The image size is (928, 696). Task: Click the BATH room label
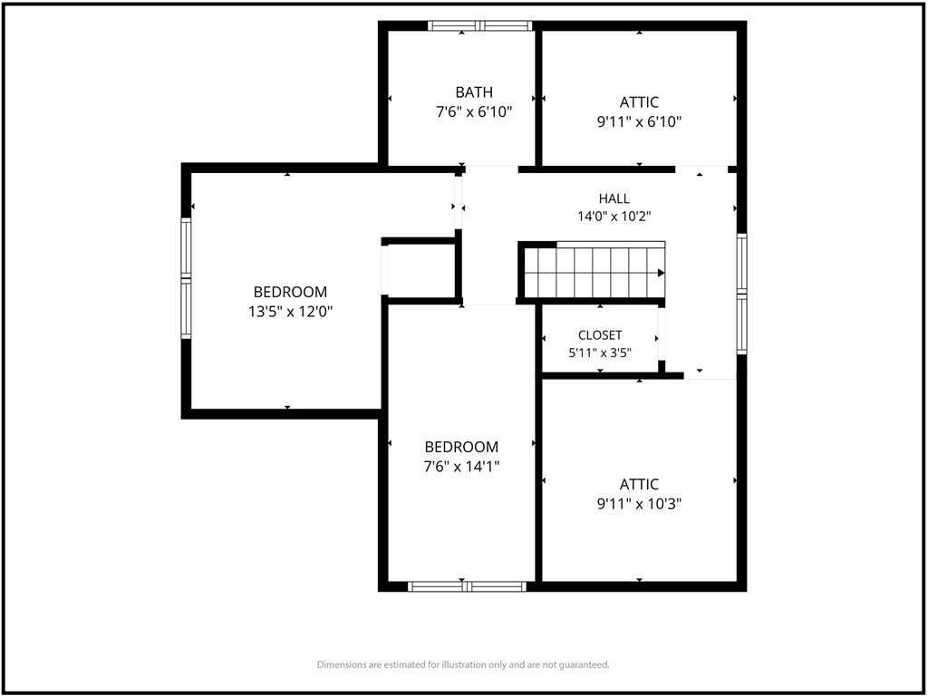coord(473,92)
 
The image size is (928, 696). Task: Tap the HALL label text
coord(614,198)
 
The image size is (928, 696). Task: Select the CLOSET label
coord(600,335)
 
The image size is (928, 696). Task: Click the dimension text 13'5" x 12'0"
coord(290,312)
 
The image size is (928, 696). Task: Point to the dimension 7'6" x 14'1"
coord(461,467)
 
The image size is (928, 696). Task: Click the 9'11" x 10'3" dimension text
coord(639,504)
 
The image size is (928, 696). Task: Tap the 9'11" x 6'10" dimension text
coord(639,122)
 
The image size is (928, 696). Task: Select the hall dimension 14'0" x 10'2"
coord(614,217)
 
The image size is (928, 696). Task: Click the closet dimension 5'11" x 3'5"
coord(600,353)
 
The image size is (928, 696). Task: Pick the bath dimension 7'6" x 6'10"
coord(473,111)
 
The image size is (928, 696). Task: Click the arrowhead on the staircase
coord(661,273)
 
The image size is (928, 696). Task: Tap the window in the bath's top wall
coord(480,25)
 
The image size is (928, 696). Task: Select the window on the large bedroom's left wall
coord(187,278)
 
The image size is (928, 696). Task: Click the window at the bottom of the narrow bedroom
coord(467,586)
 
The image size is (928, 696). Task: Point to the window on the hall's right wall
coord(741,295)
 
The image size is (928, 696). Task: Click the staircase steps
coord(594,273)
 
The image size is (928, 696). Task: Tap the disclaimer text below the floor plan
coord(463,664)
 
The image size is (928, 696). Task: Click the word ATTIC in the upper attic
coord(639,102)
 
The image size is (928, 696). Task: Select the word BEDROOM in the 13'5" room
coord(290,292)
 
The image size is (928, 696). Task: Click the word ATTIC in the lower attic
coord(639,485)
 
